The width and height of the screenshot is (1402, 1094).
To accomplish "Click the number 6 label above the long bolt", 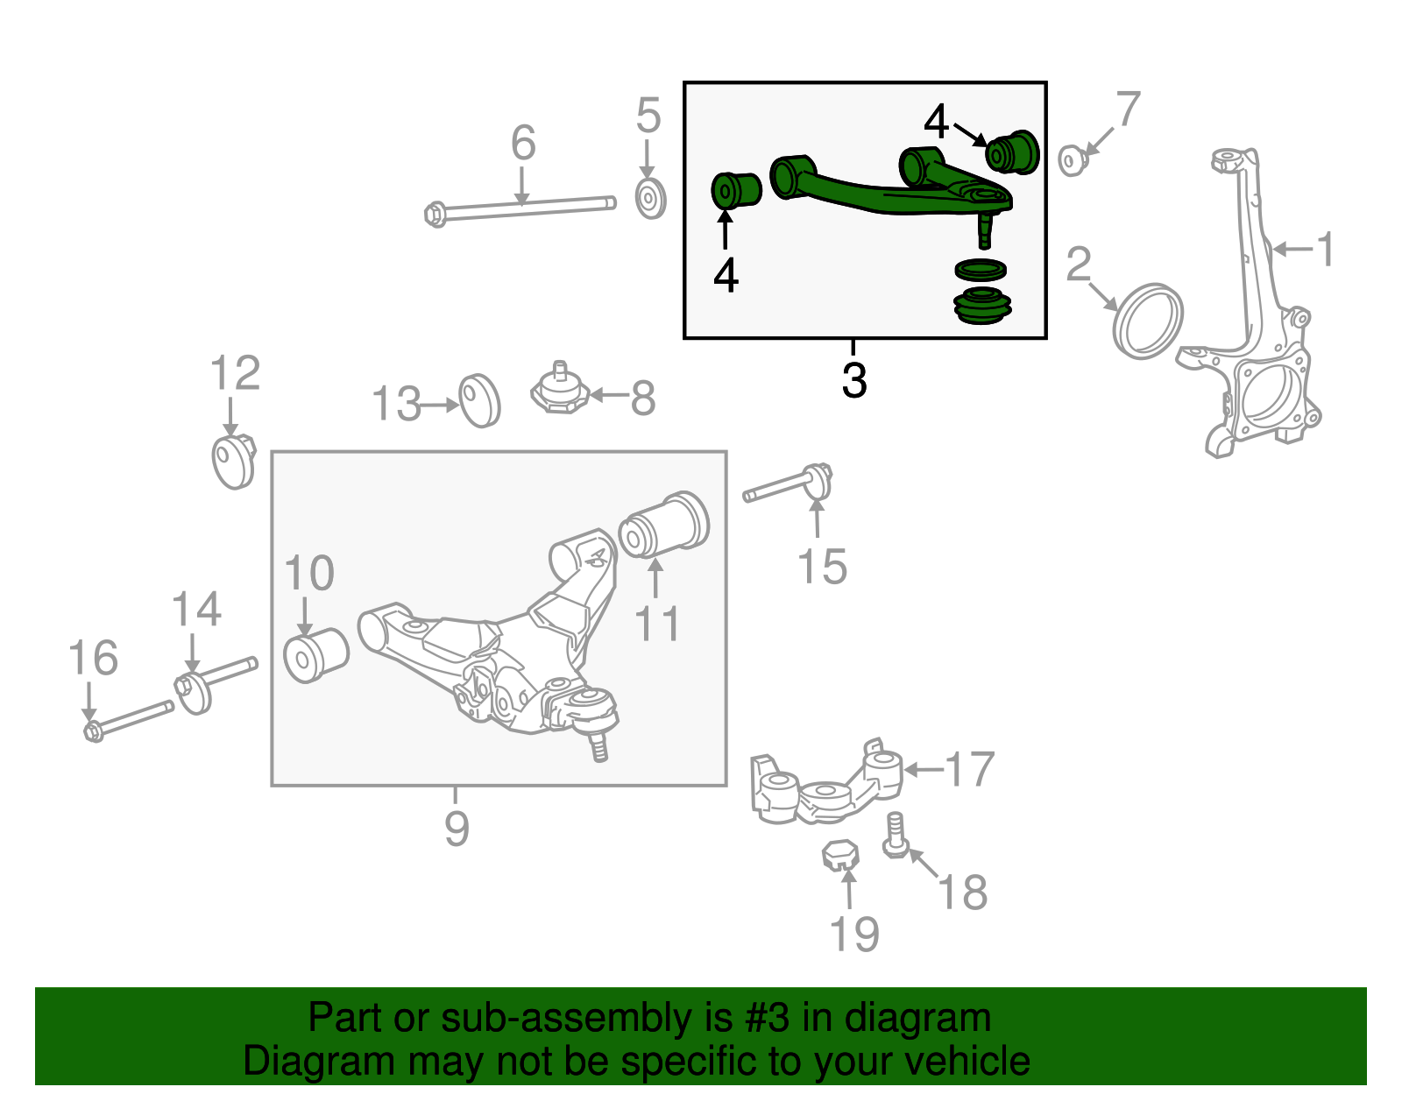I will coord(523,144).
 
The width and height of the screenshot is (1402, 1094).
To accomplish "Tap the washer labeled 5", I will coord(649,200).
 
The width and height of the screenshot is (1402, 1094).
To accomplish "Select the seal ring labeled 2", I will coord(1147,321).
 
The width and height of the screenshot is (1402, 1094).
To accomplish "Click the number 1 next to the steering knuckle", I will coord(1325,250).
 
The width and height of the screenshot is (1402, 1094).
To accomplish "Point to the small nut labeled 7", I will coord(1072,160).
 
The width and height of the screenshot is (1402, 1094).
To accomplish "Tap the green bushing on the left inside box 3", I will coord(734,190).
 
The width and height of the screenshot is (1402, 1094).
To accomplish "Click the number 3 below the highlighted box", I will coord(854,381).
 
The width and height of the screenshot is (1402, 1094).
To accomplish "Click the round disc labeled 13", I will coord(479,400).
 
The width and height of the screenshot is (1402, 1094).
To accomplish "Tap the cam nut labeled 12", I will coord(233,462).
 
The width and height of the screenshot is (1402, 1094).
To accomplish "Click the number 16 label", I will coord(93,659).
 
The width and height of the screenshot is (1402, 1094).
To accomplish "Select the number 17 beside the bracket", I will coord(970,770).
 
